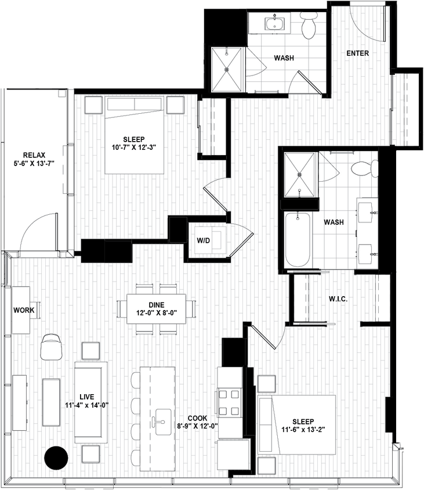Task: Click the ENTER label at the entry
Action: point(357,53)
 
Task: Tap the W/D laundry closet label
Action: point(203,239)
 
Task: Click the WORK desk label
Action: point(24,310)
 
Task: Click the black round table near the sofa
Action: point(55,457)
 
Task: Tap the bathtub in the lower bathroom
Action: point(298,238)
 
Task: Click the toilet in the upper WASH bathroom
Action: point(309,25)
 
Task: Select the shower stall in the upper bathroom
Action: point(227,69)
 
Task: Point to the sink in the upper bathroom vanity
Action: point(273,24)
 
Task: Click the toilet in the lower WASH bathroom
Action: point(364,168)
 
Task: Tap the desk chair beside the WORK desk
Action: point(52,347)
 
